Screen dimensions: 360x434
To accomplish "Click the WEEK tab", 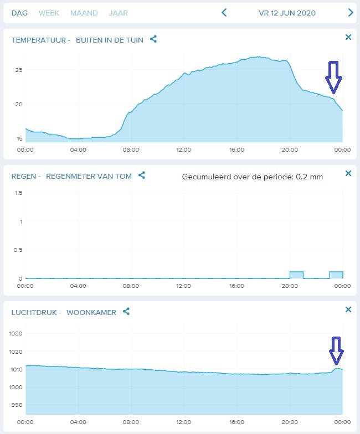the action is (x=49, y=13).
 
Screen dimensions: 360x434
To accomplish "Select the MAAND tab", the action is (x=84, y=13).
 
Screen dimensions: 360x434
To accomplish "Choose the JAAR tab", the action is (x=119, y=13).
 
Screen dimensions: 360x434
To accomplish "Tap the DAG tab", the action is (x=19, y=13).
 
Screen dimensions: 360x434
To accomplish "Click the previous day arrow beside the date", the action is (x=224, y=12).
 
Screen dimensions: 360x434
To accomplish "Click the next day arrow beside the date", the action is (x=351, y=12).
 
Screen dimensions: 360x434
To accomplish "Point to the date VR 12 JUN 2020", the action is (x=287, y=13).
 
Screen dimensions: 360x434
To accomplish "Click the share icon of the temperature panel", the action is (x=153, y=39).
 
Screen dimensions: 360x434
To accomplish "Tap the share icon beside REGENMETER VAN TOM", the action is (x=142, y=175).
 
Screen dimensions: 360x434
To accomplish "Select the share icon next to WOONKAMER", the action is (x=126, y=311).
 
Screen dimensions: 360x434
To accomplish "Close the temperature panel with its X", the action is (x=348, y=37).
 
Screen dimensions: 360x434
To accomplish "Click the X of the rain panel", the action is (x=348, y=173).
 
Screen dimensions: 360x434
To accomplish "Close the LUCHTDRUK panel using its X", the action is (x=348, y=309).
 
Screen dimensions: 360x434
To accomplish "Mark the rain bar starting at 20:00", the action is (x=297, y=275).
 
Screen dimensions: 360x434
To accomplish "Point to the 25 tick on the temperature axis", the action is (x=19, y=70).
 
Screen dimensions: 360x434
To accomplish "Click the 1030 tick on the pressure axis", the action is (x=16, y=333).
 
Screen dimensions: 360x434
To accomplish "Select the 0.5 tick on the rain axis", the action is (x=18, y=250).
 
